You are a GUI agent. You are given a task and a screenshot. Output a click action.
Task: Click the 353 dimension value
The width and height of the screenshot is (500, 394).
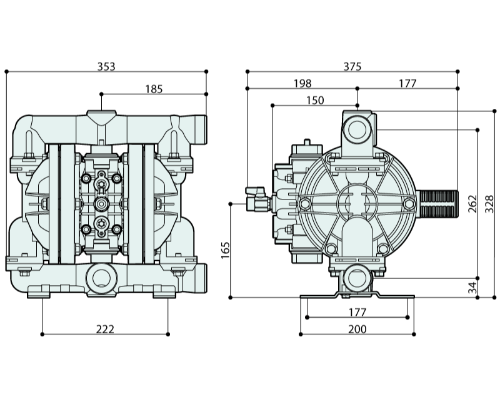coord(106,66)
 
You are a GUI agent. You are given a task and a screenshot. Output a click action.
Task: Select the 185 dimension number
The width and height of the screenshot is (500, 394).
coord(154,89)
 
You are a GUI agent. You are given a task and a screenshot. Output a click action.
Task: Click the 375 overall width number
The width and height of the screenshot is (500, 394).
coord(352,66)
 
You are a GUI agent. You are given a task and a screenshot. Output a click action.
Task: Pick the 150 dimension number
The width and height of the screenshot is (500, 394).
coord(315,100)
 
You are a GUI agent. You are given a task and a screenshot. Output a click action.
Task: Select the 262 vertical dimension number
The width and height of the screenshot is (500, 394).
coord(473,204)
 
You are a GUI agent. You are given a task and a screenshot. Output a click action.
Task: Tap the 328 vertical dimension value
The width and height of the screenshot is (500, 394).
coord(489,204)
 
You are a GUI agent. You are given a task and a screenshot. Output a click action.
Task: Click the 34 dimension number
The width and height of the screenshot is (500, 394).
coord(473,287)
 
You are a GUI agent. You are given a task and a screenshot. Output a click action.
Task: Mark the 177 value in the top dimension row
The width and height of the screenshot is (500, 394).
coord(407,83)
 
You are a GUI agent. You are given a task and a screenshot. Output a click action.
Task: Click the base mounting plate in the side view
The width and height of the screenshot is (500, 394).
coord(357,296)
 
